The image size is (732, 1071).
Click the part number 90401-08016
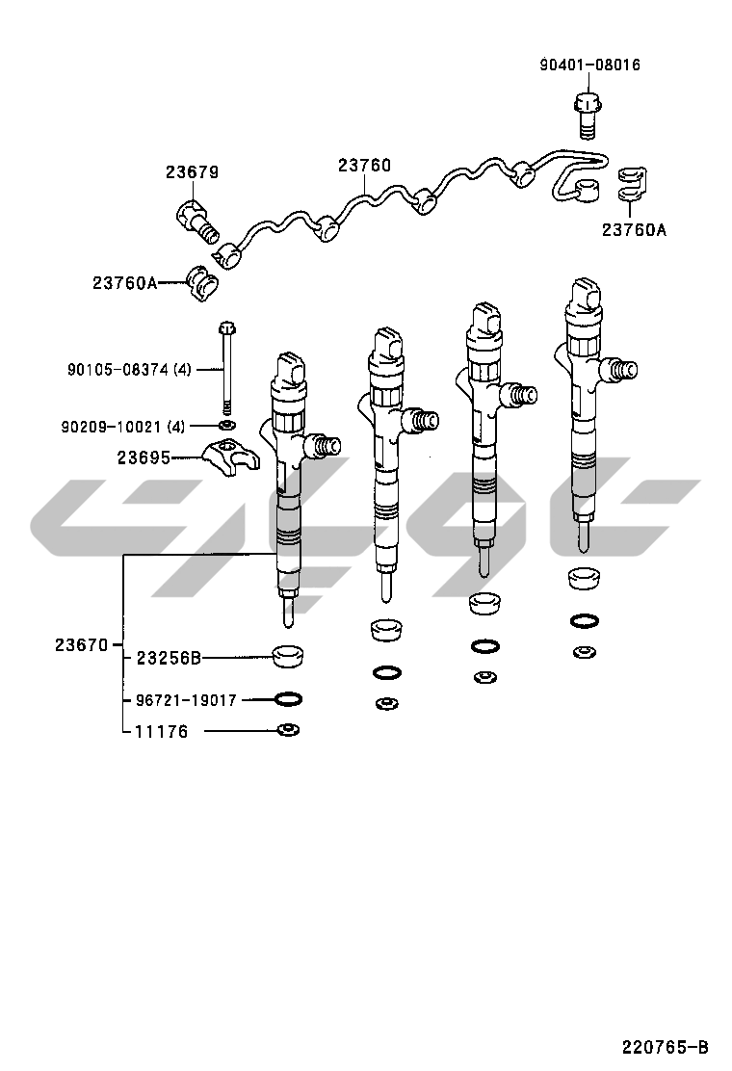coord(590,65)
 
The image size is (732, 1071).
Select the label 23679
coord(192,172)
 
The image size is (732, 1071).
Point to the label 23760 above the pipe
coord(365,166)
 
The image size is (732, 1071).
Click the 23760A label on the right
coord(634,229)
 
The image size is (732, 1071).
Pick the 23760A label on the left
coord(125,282)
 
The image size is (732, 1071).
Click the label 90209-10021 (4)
coord(123,427)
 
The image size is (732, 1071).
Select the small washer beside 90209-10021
coord(227,427)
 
